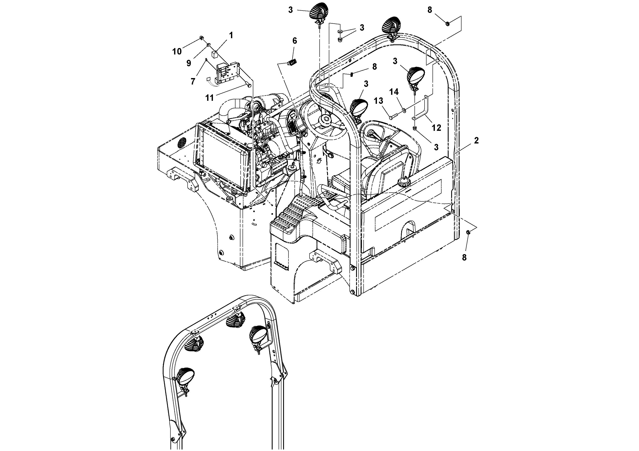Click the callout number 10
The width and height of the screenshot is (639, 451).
tap(177, 51)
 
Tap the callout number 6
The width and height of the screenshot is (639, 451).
tap(294, 41)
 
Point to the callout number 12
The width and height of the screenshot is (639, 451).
tap(436, 128)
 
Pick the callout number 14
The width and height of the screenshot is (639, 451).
tap(394, 92)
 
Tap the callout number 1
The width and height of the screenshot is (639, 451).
tap(231, 35)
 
